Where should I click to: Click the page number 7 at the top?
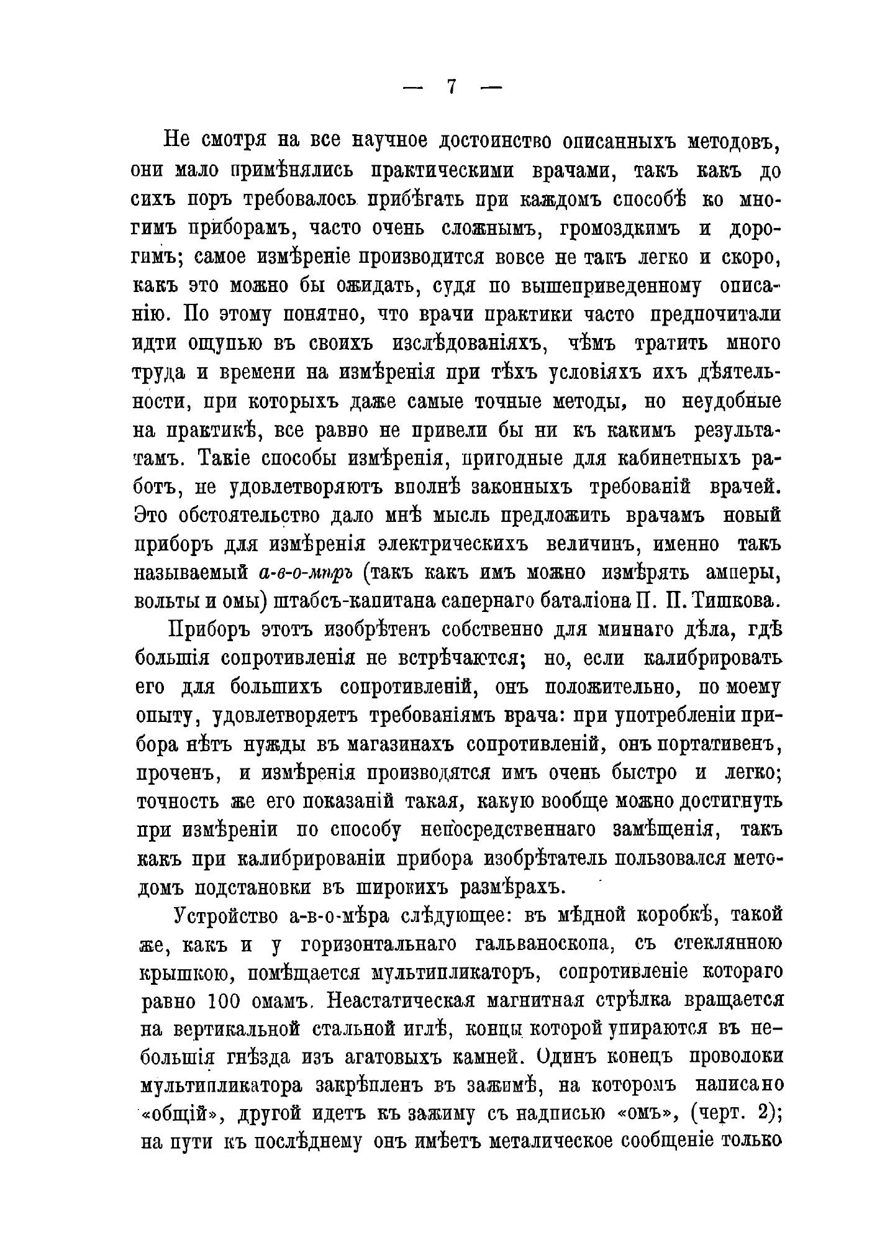pyautogui.click(x=452, y=87)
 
